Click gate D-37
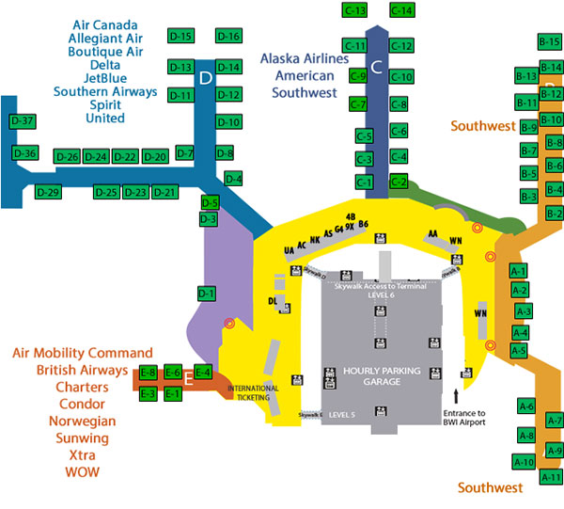point(23,122)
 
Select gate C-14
point(401,10)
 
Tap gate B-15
point(550,42)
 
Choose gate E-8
point(148,373)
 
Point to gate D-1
point(207,294)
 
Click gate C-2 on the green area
point(399,181)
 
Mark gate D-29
point(48,193)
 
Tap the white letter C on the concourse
point(376,67)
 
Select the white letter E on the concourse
point(188,381)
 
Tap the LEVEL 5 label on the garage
point(342,414)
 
